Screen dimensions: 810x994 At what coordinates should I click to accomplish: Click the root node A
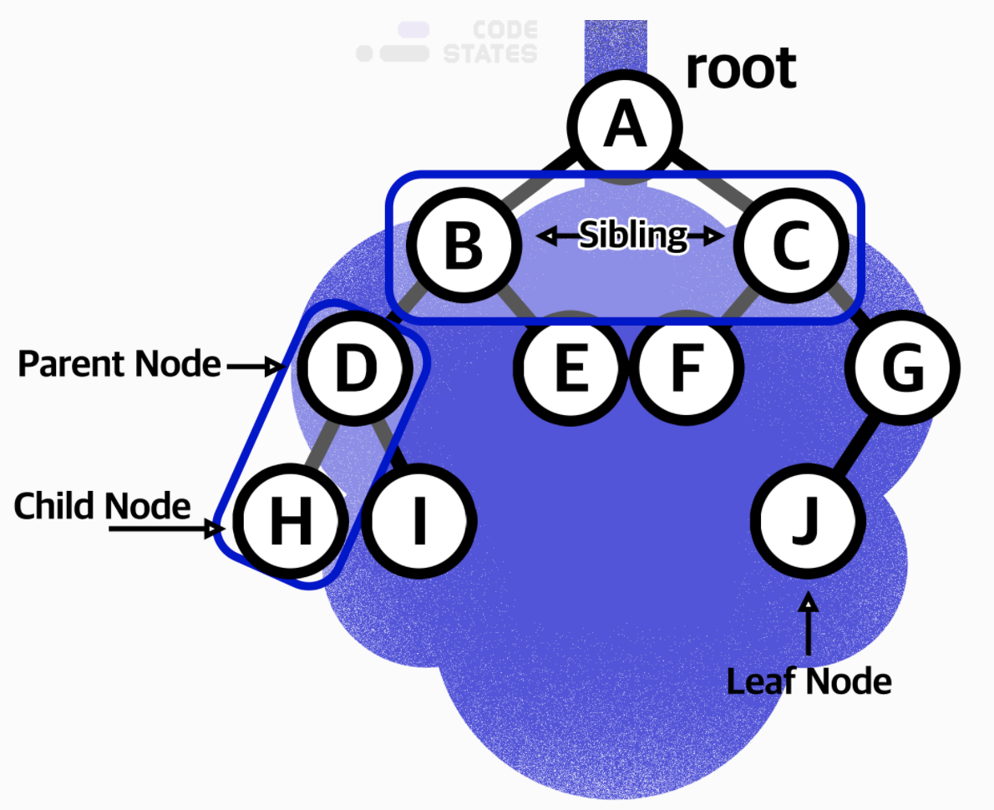click(x=626, y=125)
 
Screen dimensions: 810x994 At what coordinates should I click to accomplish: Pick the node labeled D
click(x=355, y=367)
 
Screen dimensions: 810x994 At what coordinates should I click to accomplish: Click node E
click(x=571, y=367)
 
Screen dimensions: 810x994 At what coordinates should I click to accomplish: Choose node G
click(x=902, y=367)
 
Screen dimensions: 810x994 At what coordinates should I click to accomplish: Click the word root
click(x=740, y=68)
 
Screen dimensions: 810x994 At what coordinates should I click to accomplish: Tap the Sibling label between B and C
click(x=632, y=236)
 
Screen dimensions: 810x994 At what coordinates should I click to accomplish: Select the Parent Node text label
click(x=119, y=364)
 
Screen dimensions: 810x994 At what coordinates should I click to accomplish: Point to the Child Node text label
click(x=102, y=506)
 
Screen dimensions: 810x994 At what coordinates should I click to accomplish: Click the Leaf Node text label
click(x=809, y=682)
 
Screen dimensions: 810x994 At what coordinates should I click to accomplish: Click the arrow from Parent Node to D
click(x=255, y=366)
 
